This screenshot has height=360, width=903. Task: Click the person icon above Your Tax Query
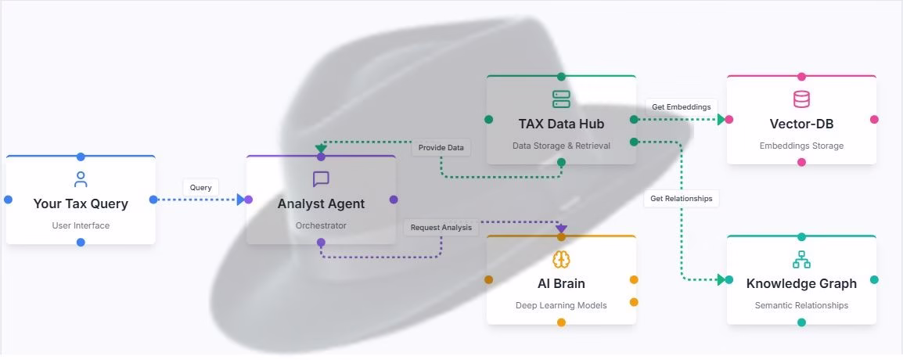pos(81,180)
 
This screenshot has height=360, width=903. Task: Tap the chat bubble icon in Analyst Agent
pos(321,179)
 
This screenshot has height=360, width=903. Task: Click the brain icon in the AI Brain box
pos(561,259)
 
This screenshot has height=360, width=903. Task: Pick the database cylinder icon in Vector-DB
pos(801,99)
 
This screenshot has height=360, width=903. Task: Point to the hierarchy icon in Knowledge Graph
pos(801,259)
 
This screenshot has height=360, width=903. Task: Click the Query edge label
pos(201,188)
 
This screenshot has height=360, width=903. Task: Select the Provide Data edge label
pos(441,147)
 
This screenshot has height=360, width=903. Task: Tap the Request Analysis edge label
pos(441,228)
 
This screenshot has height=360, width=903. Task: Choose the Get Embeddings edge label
pos(682,107)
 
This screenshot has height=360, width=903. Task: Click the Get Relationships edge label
pos(682,199)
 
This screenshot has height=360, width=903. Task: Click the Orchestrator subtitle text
pos(321,225)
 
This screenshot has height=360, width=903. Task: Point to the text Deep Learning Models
pos(561,305)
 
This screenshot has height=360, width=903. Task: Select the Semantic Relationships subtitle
pos(801,305)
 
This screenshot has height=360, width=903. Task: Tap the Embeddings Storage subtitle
pos(801,146)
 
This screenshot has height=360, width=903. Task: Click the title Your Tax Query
pos(81,203)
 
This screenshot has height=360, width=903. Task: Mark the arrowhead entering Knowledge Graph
pos(721,279)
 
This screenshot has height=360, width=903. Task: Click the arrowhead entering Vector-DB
pos(721,120)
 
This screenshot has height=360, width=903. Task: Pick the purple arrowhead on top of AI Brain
pos(561,229)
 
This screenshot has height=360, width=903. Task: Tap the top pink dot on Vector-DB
pos(801,77)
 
